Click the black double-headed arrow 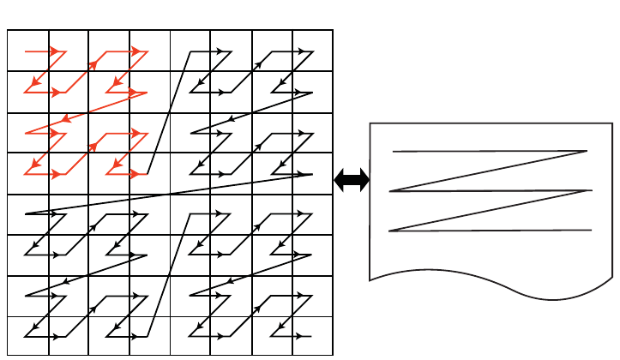tap(352, 180)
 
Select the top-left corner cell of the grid tap(28, 51)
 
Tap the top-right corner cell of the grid tap(312, 51)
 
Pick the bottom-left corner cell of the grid tap(28, 336)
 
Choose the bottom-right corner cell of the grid tap(312, 336)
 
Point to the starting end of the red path tap(26, 51)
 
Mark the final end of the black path tap(310, 336)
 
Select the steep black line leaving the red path tap(169, 111)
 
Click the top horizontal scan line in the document tap(489, 152)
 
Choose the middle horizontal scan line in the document tap(489, 190)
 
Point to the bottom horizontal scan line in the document tap(489, 231)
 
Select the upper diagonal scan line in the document tap(489, 171)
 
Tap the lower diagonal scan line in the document tap(489, 211)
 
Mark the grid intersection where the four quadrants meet tap(170, 195)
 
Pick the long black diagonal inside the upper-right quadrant tap(251, 113)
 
